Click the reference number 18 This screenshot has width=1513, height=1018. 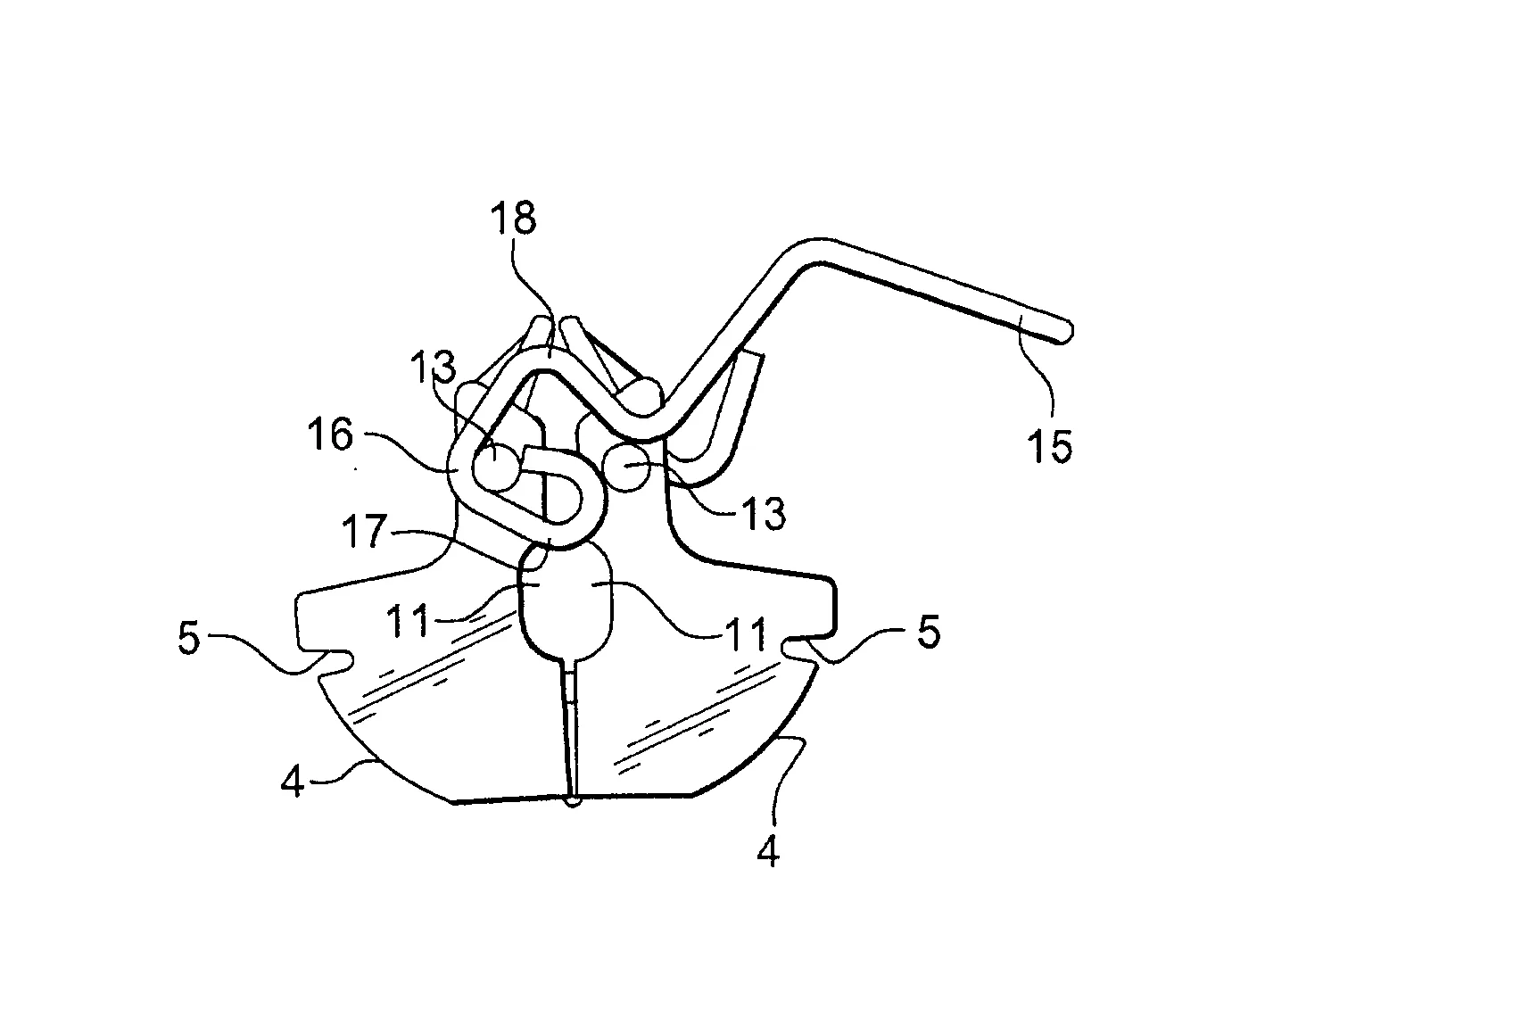click(513, 219)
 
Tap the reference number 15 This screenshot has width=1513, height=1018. click(1050, 446)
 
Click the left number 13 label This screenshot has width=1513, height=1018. click(434, 367)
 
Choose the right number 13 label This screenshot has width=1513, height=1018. click(764, 513)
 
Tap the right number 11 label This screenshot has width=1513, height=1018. click(747, 634)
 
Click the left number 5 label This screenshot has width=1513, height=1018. click(189, 638)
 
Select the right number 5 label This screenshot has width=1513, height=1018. click(930, 633)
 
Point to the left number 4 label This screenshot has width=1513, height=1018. click(293, 782)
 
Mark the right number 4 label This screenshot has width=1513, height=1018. click(768, 852)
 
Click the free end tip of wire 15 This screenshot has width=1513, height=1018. click(1067, 333)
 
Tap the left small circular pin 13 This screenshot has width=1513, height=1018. click(496, 466)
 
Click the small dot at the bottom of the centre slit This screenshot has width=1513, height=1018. click(574, 801)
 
